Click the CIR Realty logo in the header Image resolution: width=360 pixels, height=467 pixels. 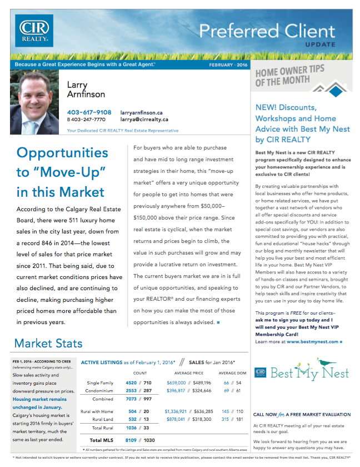(34, 31)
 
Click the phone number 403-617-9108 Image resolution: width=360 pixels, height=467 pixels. (89, 112)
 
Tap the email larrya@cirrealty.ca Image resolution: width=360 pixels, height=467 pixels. (144, 120)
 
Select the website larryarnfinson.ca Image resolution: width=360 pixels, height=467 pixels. (141, 112)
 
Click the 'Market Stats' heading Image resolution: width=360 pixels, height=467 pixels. (48, 343)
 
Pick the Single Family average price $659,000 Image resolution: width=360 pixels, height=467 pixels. (178, 383)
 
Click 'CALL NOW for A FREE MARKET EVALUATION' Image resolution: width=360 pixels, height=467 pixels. (302, 414)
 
